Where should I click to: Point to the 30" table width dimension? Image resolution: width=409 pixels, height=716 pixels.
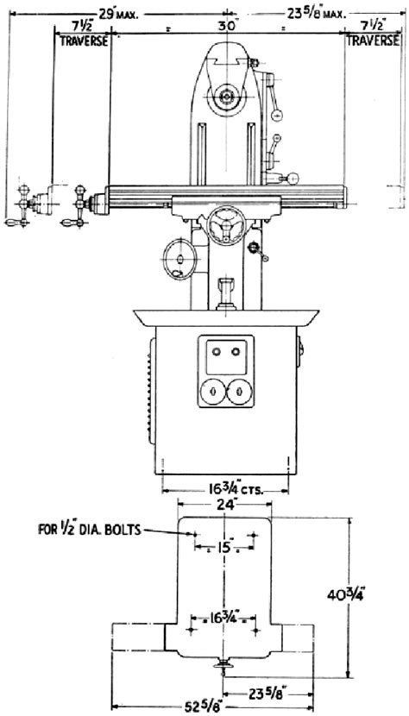[227, 27]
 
